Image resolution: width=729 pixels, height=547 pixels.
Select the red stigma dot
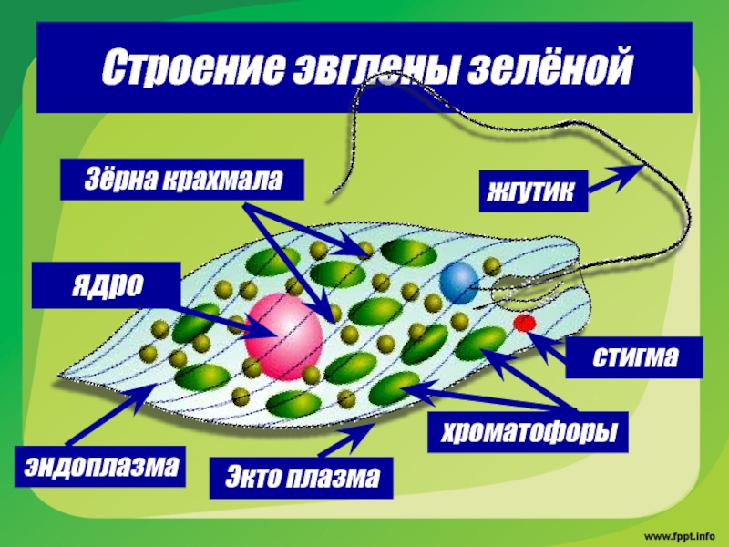coord(524,323)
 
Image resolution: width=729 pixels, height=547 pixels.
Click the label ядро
coord(106,284)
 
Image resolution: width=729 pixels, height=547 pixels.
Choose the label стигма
coord(634,358)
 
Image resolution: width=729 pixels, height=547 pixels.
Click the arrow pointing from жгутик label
coord(615,179)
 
